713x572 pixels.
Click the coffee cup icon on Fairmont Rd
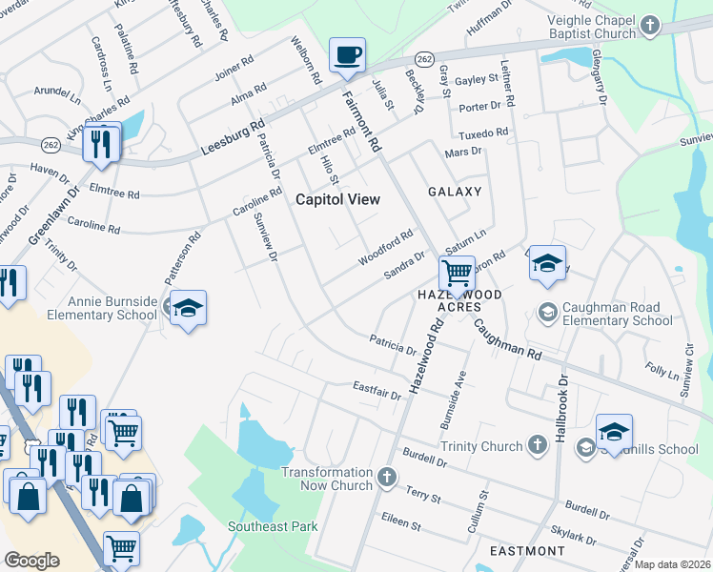point(347,54)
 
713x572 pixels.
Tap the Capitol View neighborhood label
point(337,199)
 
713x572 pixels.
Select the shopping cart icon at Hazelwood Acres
point(458,273)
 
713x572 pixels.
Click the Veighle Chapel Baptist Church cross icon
point(649,25)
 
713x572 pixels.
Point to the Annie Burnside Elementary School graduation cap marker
point(189,308)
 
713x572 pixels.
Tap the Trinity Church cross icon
point(537,445)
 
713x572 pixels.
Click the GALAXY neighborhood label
point(455,192)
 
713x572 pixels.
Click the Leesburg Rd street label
point(232,138)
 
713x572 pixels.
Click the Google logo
point(31,561)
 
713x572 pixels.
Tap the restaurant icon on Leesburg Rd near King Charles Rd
point(100,144)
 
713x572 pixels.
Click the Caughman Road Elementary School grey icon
point(547,312)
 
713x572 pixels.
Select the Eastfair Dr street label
point(377,391)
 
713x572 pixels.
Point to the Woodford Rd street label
point(385,246)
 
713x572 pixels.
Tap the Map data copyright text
point(673,564)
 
